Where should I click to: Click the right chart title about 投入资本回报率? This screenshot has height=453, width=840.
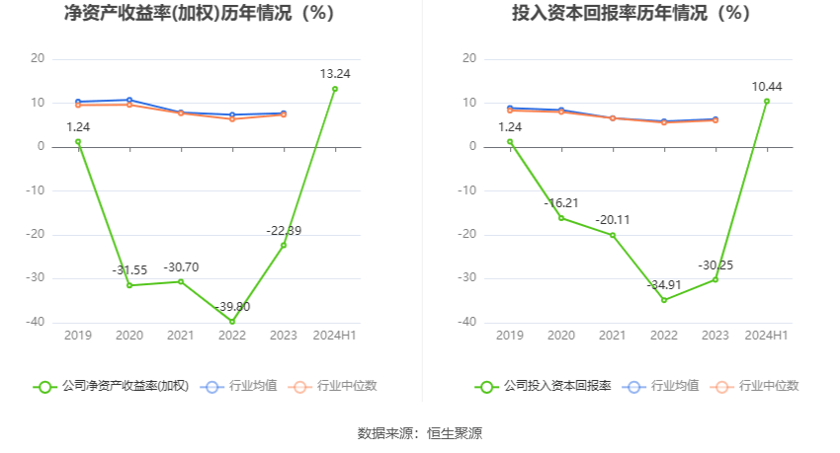coord(630,14)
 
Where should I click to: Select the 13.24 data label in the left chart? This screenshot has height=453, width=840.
coord(335,74)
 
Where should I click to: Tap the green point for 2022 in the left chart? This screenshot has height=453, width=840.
coord(232,322)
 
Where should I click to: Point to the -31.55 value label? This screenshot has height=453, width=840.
coord(129,270)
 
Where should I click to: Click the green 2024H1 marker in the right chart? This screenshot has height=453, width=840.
coord(766,101)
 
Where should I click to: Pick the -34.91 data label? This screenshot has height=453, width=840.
coord(664,284)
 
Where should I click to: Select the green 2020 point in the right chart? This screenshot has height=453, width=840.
coord(561,218)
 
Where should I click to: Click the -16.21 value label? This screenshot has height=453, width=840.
coord(561,203)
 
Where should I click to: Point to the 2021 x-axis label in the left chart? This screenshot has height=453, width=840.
coord(181,336)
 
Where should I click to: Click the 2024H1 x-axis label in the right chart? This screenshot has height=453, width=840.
coord(766,336)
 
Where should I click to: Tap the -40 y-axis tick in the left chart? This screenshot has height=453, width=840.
coord(36,322)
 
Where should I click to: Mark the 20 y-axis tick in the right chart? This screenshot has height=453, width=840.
coord(470,59)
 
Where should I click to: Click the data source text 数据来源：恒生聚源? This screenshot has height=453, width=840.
coord(420,433)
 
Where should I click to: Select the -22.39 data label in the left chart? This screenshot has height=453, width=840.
coord(284,230)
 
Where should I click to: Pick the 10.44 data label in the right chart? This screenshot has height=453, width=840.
coord(767,87)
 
